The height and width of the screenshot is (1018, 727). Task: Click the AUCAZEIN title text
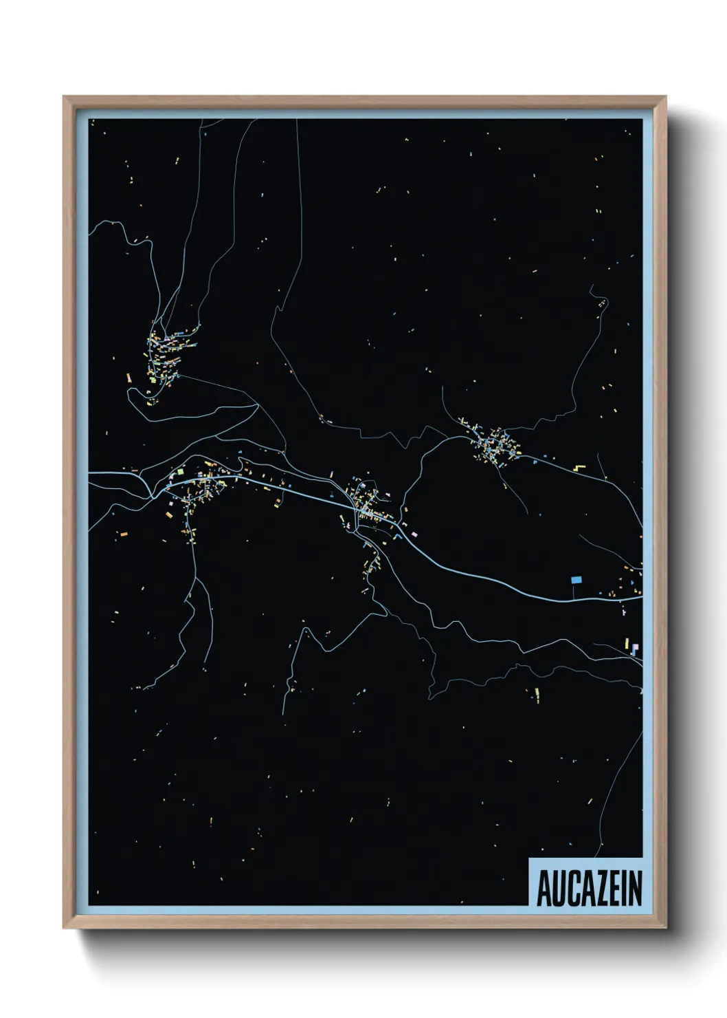[x=589, y=888]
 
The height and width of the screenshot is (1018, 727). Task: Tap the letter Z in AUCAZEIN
[x=603, y=888]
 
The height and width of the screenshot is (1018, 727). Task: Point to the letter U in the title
[x=555, y=888]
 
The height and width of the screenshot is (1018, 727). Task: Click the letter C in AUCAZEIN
[x=570, y=888]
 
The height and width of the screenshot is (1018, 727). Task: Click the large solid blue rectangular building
[x=577, y=580]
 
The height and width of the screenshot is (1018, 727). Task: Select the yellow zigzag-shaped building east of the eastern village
[x=579, y=468]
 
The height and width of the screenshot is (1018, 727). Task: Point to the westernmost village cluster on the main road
[x=199, y=485]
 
